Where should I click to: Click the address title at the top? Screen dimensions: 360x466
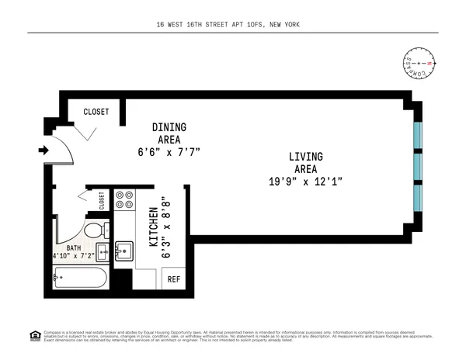coord(233,25)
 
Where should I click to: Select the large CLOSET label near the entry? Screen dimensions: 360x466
coord(96,112)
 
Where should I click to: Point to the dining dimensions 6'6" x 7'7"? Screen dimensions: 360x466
coord(169,152)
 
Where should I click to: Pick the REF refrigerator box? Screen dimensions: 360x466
coord(174,279)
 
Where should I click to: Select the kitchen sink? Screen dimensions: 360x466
coord(124,251)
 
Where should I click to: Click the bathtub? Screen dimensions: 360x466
coord(81,277)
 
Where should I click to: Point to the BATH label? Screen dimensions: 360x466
coord(75,247)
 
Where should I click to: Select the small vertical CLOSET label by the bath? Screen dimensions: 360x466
coord(102,201)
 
